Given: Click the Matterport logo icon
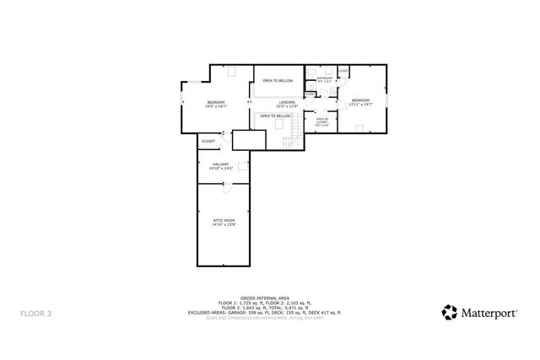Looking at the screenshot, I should coord(451,312).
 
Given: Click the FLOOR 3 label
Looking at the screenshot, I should coord(36,313).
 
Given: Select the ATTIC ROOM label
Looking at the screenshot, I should coord(224,219).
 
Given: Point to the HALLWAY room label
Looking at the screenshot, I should coord(221,164).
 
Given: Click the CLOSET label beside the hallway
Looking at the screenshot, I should coord(208,141).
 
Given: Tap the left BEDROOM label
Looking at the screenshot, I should coord(215,102).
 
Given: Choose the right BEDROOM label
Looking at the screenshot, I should coord(361,100).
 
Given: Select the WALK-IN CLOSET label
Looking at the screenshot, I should coord(322,121).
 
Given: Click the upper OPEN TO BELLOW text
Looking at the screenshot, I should coord(277,80).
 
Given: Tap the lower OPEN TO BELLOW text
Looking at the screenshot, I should coord(275,116).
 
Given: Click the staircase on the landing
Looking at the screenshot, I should coord(294,132).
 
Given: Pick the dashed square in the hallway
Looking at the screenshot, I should coord(242,165).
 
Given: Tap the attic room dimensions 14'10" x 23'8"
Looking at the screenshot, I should coord(224,224).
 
